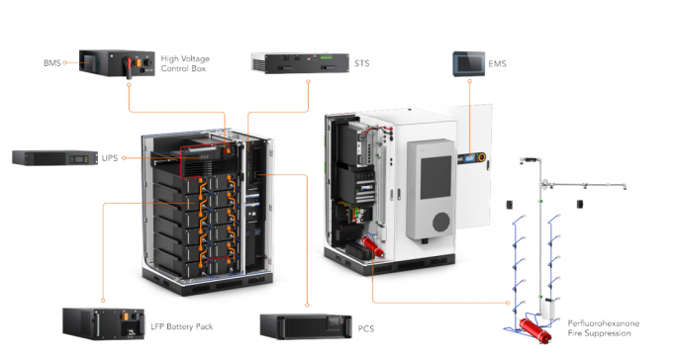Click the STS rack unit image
[300, 63]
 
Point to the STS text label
[362, 64]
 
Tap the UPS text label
[109, 157]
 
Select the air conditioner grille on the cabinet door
[429, 187]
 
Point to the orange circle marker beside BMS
[64, 62]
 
